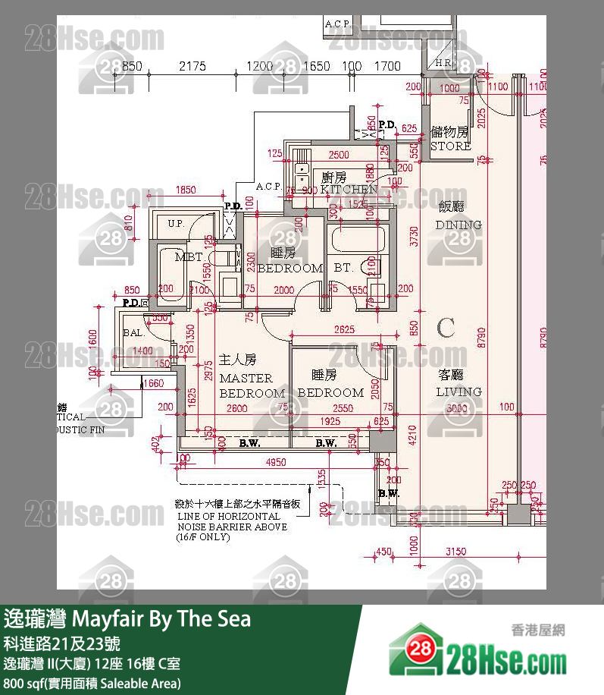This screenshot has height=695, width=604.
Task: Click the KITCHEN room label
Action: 348,189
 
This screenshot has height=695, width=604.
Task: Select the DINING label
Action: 458,225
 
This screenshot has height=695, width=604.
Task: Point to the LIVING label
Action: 458,392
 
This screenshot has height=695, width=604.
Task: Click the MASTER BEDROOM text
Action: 246,385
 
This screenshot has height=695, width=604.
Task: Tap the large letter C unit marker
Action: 446,328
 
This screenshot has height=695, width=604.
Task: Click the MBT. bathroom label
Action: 189,257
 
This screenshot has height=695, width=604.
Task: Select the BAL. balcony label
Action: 133,332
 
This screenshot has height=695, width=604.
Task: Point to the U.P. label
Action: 176,224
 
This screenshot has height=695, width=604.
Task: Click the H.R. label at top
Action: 443,62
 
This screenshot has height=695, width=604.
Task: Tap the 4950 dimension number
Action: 275,462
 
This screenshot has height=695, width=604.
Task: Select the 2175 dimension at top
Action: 192,67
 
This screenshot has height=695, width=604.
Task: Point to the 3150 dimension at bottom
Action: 455,552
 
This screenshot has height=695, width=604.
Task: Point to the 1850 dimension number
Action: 186,190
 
